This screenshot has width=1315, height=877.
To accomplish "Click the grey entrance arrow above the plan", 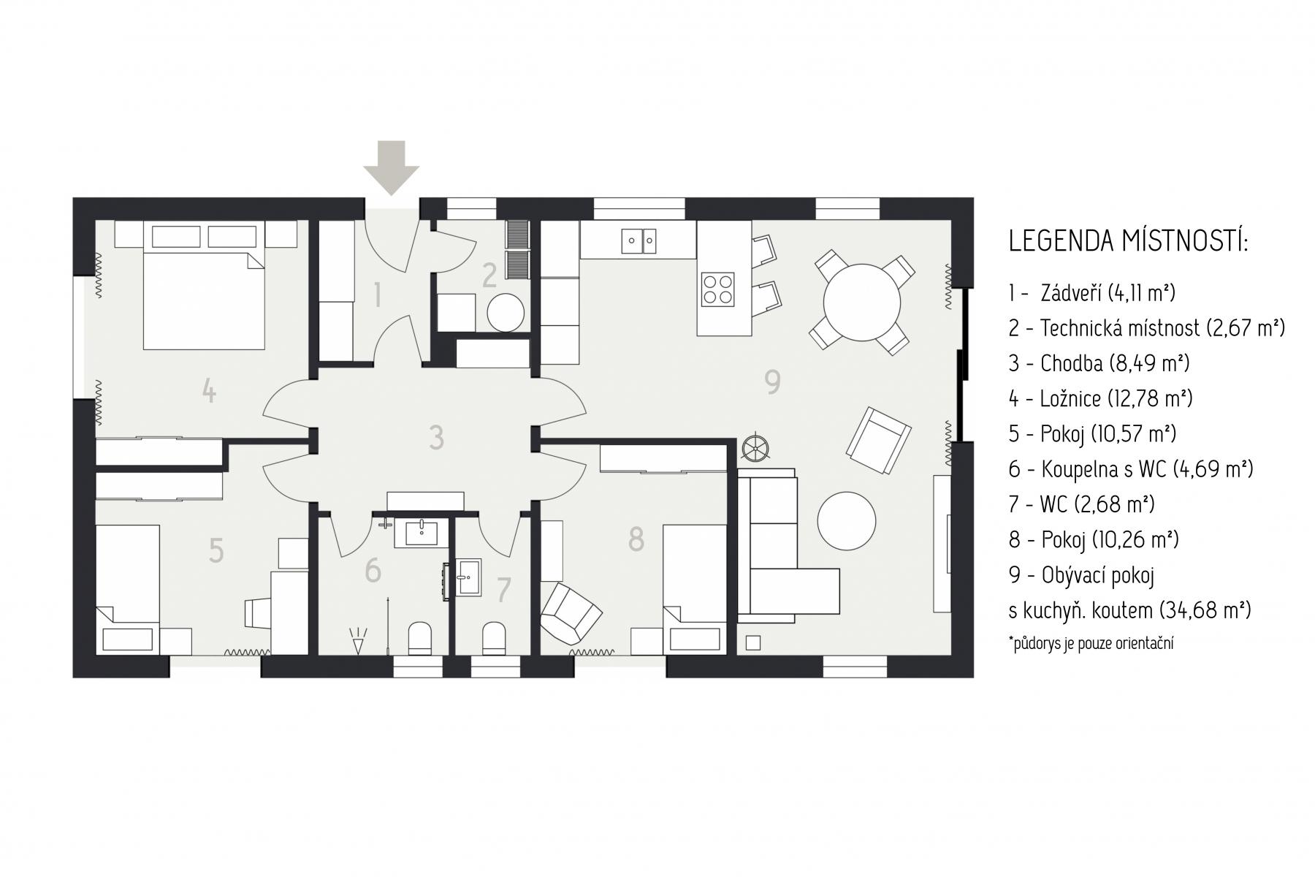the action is (x=392, y=167).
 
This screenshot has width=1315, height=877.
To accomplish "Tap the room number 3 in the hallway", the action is (x=436, y=437).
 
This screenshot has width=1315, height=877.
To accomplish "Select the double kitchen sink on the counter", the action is (x=639, y=240).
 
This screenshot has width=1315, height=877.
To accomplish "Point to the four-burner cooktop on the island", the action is (x=718, y=289).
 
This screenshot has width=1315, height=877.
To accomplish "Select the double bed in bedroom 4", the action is (x=204, y=300).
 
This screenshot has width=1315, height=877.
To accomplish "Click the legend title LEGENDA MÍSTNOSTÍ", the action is (x=1128, y=241).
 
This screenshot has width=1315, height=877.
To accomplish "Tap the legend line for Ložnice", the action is (x=1101, y=398).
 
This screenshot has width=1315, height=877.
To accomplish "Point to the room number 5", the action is (x=216, y=550).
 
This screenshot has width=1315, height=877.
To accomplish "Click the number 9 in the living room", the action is (x=772, y=382).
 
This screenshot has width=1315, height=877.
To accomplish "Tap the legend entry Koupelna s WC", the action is (x=1131, y=469).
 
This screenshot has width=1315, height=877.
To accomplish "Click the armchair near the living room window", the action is (x=879, y=440).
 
